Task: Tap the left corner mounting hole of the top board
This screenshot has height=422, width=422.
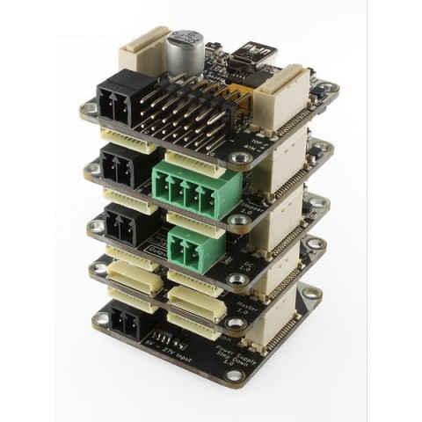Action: pyautogui.click(x=88, y=111)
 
